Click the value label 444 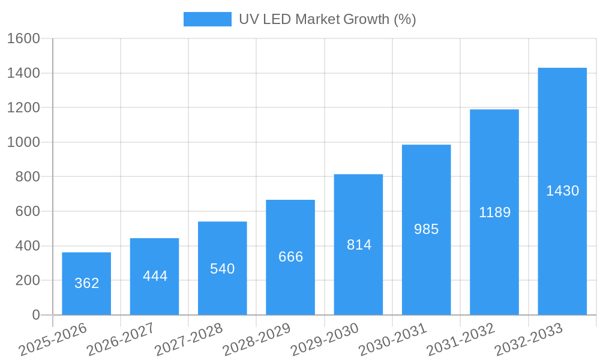pyautogui.click(x=155, y=276)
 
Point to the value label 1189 pyautogui.click(x=494, y=212)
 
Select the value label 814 pyautogui.click(x=359, y=245)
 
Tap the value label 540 pyautogui.click(x=222, y=269)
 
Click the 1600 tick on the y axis pyautogui.click(x=23, y=38)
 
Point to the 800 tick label pyautogui.click(x=28, y=177)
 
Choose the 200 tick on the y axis pyautogui.click(x=28, y=280)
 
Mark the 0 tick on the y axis pyautogui.click(x=36, y=315)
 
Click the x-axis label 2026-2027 pyautogui.click(x=121, y=339)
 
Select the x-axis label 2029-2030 pyautogui.click(x=325, y=339)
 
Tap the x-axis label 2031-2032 pyautogui.click(x=461, y=339)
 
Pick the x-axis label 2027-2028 pyautogui.click(x=188, y=339)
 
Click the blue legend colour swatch pyautogui.click(x=207, y=19)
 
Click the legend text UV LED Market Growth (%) pyautogui.click(x=327, y=19)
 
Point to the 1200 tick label pyautogui.click(x=23, y=108)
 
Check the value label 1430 pyautogui.click(x=562, y=191)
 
